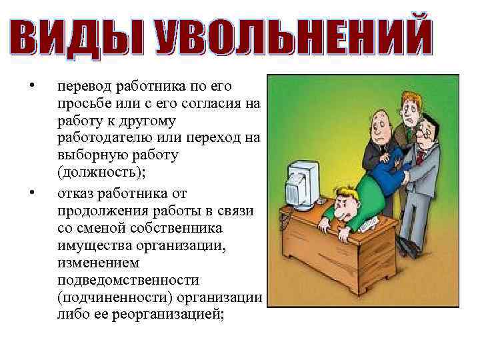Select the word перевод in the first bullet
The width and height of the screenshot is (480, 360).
click(85, 87)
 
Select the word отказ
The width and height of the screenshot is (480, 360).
click(75, 194)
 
